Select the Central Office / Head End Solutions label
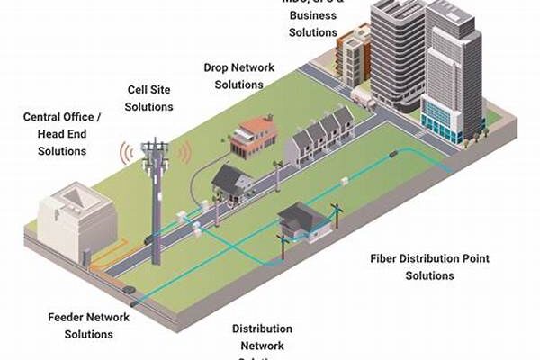coord(62,133)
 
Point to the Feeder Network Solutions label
coord(88,325)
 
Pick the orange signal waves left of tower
coord(126,155)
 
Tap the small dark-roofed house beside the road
coord(232,182)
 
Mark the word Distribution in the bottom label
coord(261,329)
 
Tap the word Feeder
coord(67,317)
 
